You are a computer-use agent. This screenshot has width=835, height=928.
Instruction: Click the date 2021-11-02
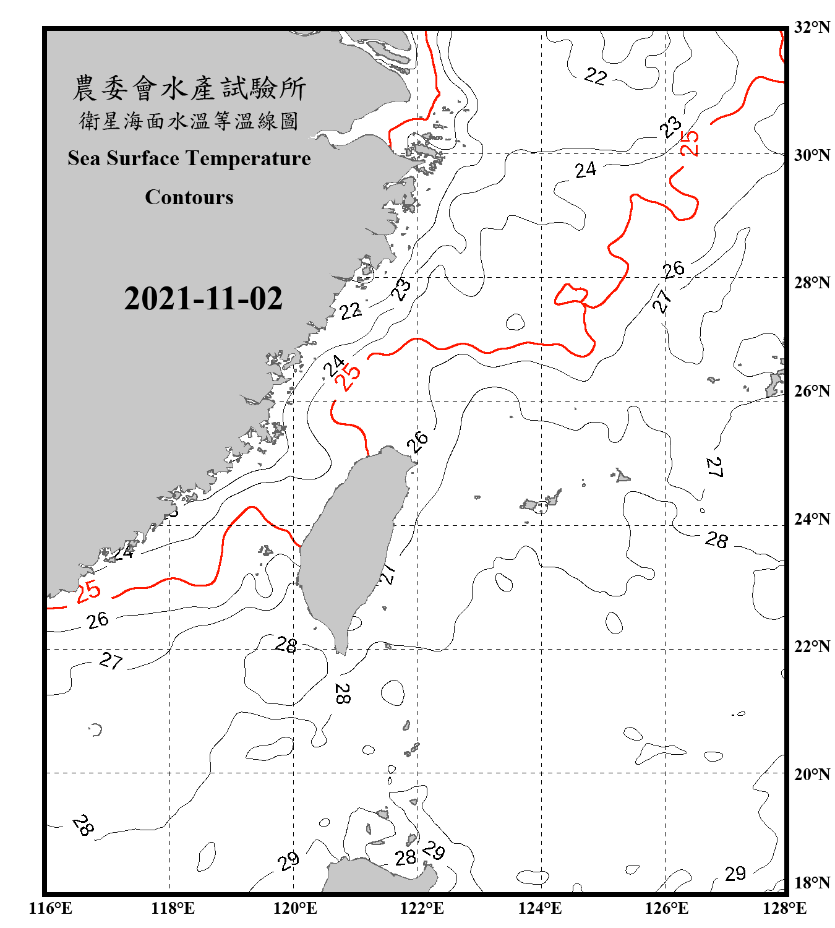203,298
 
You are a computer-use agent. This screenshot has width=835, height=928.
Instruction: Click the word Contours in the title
189,197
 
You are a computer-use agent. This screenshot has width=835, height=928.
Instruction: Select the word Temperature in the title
247,158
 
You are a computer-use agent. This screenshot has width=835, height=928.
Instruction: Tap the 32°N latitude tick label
811,27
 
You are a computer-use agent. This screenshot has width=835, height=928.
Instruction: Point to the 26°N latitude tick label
811,391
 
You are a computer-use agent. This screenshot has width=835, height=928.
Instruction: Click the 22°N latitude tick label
811,647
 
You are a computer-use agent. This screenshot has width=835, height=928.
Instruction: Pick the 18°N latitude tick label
811,882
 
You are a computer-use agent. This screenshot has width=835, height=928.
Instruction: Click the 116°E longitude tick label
51,908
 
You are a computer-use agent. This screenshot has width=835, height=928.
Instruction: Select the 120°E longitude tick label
295,908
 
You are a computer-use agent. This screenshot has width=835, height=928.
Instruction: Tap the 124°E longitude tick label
540,908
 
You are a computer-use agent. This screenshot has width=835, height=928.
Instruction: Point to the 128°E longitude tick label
784,908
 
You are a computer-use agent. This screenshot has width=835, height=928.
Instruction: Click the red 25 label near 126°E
689,143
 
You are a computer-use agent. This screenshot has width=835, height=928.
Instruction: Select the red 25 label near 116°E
88,591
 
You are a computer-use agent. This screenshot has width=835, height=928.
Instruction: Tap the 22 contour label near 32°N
596,76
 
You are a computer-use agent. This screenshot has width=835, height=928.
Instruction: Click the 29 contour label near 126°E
735,874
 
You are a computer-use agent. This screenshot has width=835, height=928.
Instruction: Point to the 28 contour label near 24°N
717,540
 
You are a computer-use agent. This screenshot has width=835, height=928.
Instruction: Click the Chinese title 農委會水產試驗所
189,88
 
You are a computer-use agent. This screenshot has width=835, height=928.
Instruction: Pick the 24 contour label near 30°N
585,170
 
